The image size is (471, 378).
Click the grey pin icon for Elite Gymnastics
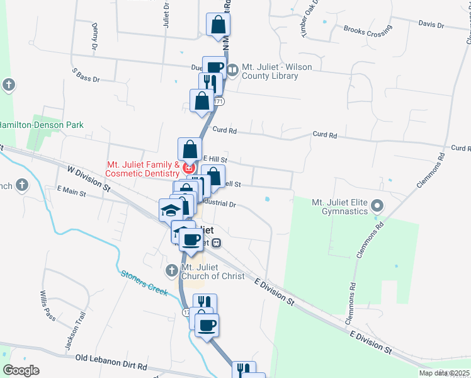click(x=377, y=205)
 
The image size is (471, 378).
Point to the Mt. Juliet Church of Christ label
click(x=212, y=271)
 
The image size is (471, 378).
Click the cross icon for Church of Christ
click(x=171, y=271)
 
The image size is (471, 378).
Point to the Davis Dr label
click(x=431, y=25)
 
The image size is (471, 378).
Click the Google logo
click(x=21, y=370)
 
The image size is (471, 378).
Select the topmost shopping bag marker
click(x=218, y=25)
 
